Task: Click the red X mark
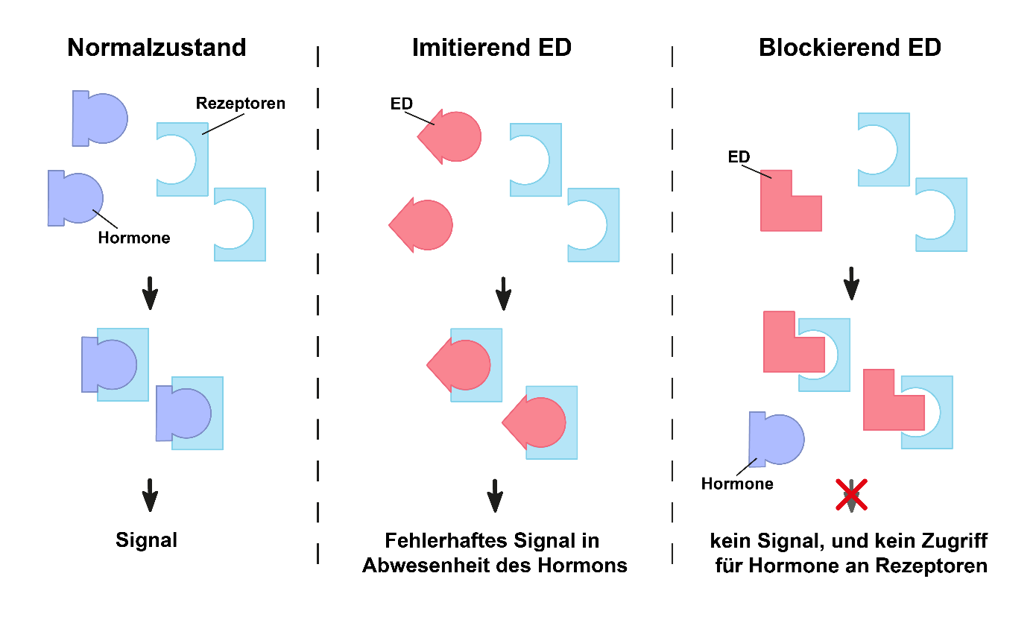852,494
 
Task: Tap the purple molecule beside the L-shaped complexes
777,439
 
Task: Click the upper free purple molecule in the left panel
100,118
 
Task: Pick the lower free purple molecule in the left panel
75,198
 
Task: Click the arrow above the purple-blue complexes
150,293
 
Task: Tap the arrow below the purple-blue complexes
150,495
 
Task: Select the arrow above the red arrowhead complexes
504,294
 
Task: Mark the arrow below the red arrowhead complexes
495,495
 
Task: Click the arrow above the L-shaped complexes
852,284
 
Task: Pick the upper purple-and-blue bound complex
116,364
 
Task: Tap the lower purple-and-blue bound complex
190,413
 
